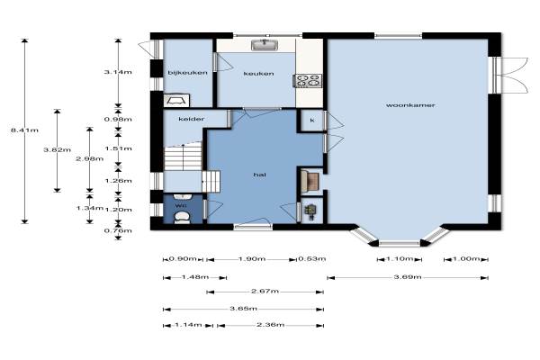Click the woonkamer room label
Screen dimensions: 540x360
(410, 105)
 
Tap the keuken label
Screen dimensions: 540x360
(258, 74)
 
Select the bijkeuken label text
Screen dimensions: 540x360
(188, 73)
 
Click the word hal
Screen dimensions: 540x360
(260, 175)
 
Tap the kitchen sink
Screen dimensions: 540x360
(265, 45)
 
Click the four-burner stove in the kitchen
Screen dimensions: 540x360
(308, 81)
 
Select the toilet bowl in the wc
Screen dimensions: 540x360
(182, 217)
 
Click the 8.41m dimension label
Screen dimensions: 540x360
(24, 130)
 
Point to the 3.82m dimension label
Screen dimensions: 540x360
(58, 150)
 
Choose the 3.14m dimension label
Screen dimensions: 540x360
(118, 72)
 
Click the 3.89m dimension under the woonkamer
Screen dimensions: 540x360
(408, 276)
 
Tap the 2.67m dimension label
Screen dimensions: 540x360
(265, 292)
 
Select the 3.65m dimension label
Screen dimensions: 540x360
(244, 309)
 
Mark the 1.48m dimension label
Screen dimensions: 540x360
(195, 276)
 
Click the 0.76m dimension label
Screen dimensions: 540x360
(118, 230)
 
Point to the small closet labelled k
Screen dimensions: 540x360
(312, 121)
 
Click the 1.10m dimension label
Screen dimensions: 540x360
(400, 258)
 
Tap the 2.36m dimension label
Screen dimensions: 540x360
(270, 325)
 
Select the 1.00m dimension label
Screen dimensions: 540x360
(466, 258)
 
